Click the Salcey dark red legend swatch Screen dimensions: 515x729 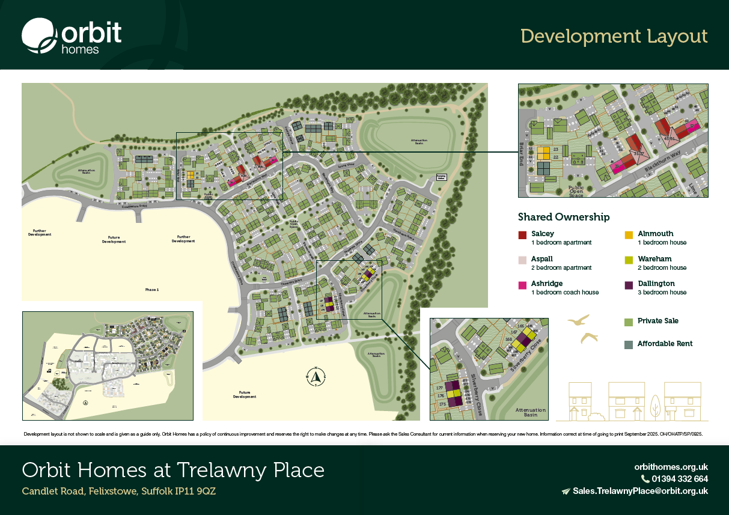(x=522, y=234)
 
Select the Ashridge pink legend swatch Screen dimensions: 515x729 (x=522, y=284)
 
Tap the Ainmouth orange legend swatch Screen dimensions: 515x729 (x=629, y=234)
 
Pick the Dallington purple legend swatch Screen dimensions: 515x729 (x=629, y=284)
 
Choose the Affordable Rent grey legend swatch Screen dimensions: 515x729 (x=629, y=344)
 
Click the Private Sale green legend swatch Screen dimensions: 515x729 (x=629, y=321)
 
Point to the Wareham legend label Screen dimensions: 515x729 (x=654, y=259)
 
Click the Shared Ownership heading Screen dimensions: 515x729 (x=564, y=217)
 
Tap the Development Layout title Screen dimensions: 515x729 (x=614, y=36)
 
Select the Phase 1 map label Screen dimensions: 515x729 (x=152, y=290)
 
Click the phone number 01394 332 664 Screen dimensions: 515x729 (x=679, y=479)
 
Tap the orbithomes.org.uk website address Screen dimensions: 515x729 (x=671, y=466)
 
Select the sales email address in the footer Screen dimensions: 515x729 (x=640, y=491)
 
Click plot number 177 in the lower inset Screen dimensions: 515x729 (x=439, y=389)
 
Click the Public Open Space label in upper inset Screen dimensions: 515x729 (x=576, y=191)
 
